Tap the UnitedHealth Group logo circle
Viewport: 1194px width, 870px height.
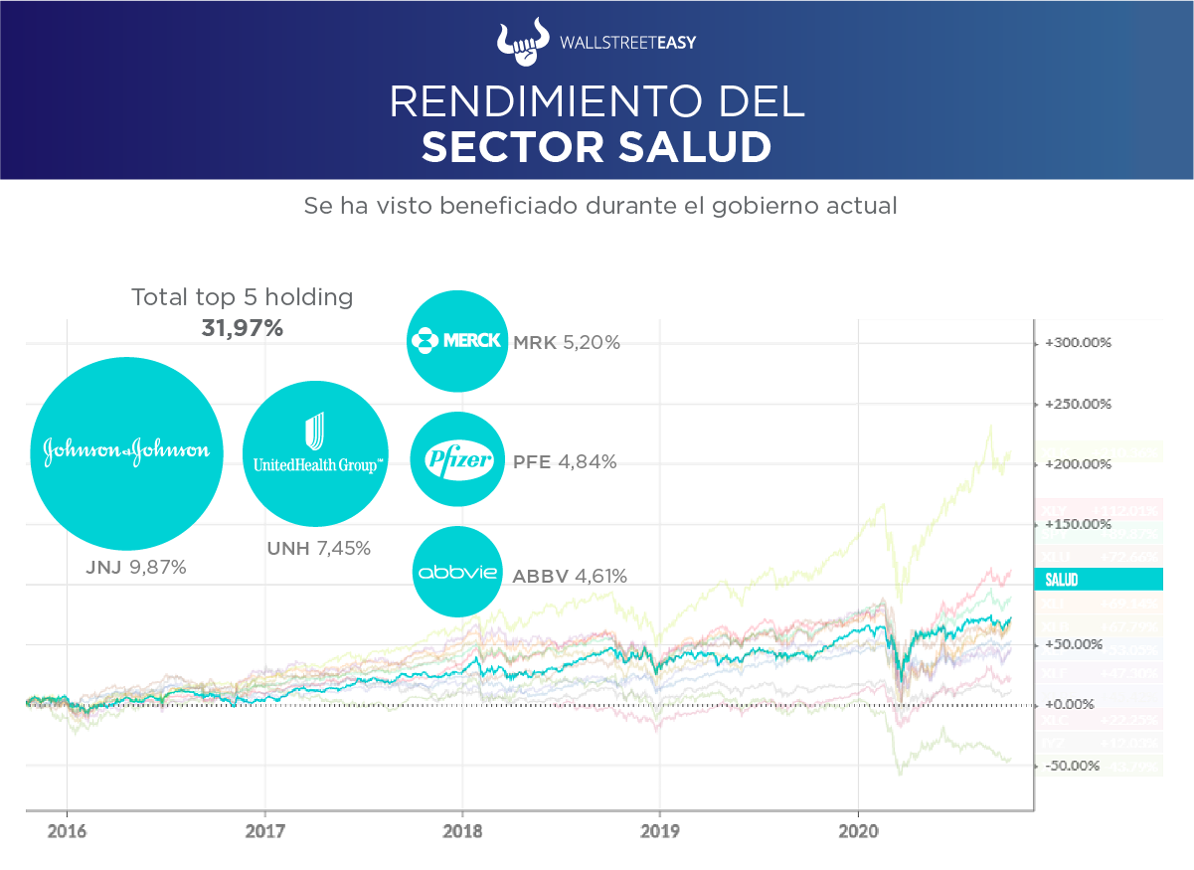click(x=315, y=454)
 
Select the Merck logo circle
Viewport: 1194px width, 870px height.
click(x=457, y=342)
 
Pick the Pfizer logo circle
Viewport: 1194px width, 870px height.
click(x=458, y=460)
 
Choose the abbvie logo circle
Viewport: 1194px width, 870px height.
click(x=457, y=573)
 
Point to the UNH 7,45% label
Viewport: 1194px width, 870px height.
click(x=318, y=548)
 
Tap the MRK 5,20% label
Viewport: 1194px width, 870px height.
click(x=567, y=343)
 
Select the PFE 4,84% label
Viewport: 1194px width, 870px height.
click(x=565, y=462)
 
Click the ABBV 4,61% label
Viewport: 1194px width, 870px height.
click(x=570, y=576)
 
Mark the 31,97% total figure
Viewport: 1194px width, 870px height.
click(x=243, y=328)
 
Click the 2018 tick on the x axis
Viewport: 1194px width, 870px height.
click(x=461, y=830)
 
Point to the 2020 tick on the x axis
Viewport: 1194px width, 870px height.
click(x=858, y=830)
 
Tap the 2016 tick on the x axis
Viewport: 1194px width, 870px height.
click(x=67, y=830)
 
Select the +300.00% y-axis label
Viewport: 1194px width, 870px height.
click(x=1078, y=343)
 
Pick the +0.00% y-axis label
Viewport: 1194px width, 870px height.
click(x=1074, y=705)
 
